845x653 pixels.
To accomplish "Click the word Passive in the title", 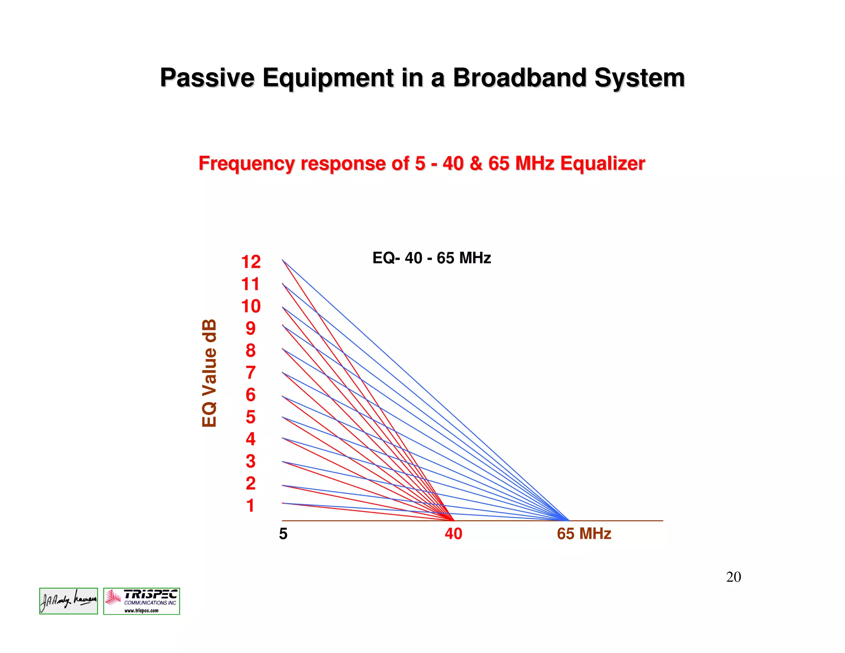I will [x=207, y=78].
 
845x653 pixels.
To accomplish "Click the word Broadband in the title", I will [x=519, y=78].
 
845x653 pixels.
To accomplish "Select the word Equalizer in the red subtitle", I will [x=602, y=163].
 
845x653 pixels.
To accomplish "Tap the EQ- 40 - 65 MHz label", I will [x=432, y=258].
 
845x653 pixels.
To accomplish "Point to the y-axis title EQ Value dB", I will [x=210, y=373].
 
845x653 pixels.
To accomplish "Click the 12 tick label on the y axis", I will [x=251, y=262].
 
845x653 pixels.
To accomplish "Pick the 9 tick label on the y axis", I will [x=250, y=329].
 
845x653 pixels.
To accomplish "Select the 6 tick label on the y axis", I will [x=250, y=395].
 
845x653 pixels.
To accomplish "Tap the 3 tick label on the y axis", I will [x=250, y=461].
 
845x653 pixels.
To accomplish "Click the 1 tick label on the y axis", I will [x=250, y=506].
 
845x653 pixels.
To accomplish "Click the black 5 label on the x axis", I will [x=283, y=534].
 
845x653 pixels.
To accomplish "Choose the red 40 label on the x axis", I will [x=453, y=534].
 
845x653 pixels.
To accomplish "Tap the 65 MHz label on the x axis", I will [x=584, y=534].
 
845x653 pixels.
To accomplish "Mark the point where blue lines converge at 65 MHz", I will [x=568, y=520].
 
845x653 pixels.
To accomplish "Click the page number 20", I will [x=734, y=577].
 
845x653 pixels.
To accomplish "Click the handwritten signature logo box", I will [x=68, y=601].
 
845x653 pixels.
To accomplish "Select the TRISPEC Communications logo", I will [x=142, y=601].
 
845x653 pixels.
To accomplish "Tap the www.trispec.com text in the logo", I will [x=142, y=610].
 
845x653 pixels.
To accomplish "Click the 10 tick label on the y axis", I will [x=251, y=306].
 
